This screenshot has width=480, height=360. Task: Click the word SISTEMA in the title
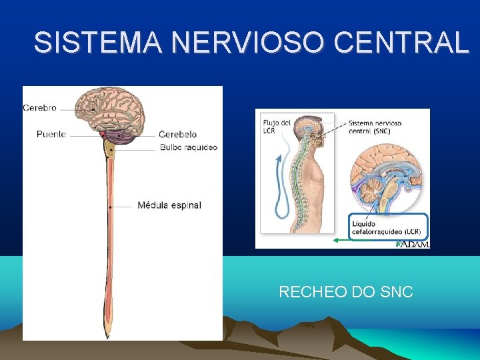tap(98, 43)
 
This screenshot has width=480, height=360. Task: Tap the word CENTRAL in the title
tap(401, 43)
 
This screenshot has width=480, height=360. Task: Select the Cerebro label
tap(40, 107)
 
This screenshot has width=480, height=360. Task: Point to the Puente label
tap(51, 134)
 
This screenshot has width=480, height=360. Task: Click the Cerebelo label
tap(177, 135)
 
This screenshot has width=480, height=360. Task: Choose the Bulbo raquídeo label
tap(189, 147)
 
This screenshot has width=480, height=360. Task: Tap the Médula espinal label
tap(169, 205)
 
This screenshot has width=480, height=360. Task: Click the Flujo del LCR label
tap(276, 126)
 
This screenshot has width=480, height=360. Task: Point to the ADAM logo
tap(413, 244)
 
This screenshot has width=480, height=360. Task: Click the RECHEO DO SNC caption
tap(345, 292)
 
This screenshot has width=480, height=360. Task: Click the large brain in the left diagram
tap(113, 110)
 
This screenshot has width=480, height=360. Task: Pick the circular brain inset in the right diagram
tap(387, 177)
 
